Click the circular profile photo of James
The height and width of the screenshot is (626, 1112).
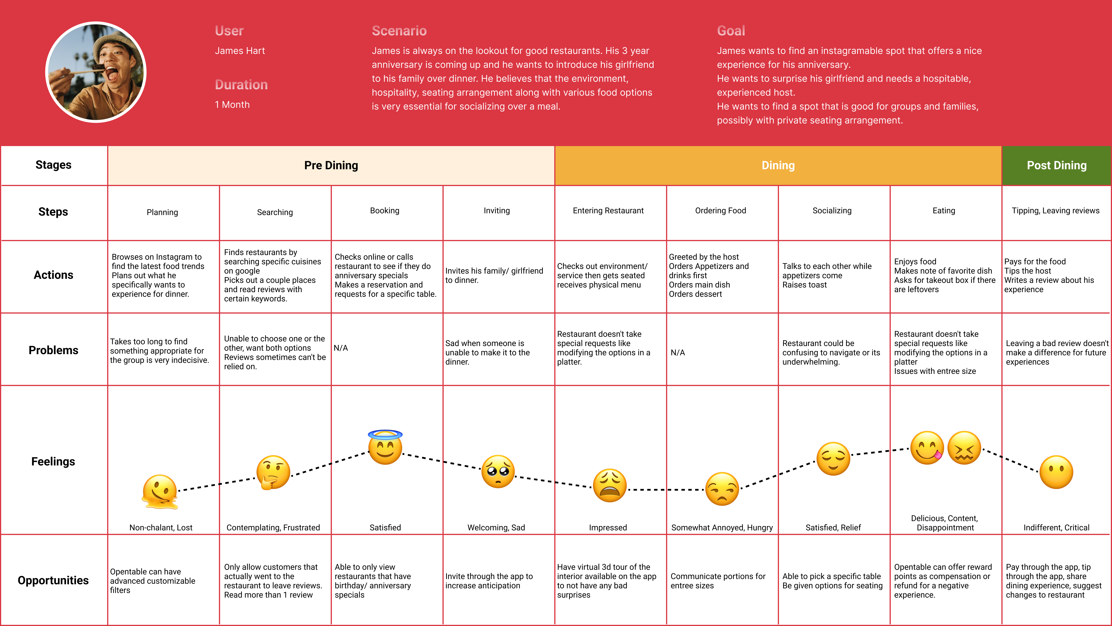click(x=96, y=72)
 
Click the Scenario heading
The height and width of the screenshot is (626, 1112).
click(x=399, y=31)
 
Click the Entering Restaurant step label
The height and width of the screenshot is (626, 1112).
click(x=608, y=211)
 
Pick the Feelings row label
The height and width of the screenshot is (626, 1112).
click(x=53, y=461)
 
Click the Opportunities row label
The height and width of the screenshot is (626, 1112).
click(x=53, y=580)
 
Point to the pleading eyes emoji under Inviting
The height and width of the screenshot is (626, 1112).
click(x=498, y=471)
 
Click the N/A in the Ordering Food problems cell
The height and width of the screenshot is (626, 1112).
click(x=677, y=353)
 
